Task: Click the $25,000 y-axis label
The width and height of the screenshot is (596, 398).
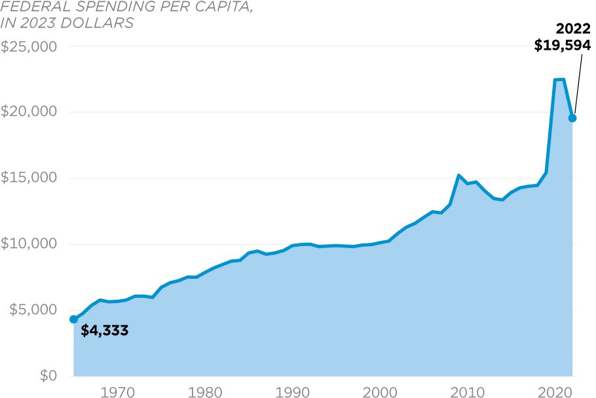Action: click(x=29, y=47)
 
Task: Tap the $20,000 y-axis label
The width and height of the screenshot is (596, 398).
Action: click(x=29, y=112)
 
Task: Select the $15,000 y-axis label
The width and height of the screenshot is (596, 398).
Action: click(x=29, y=178)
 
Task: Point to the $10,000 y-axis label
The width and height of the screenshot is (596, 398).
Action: click(x=29, y=244)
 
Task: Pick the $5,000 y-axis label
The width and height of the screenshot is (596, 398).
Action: click(x=32, y=310)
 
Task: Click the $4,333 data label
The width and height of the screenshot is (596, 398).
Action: click(x=104, y=331)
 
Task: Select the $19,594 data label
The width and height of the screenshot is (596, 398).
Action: click(x=563, y=45)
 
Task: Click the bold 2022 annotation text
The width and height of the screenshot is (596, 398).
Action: click(x=573, y=29)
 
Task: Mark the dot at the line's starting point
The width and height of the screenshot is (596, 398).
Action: click(x=73, y=319)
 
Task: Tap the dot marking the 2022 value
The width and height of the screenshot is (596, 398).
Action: click(x=572, y=118)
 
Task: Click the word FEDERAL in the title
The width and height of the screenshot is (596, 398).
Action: click(x=29, y=7)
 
